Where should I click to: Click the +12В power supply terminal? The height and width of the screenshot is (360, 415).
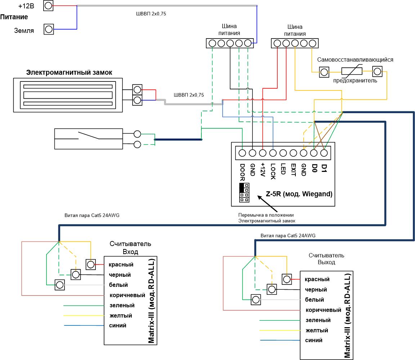pyautogui.click(x=48, y=5)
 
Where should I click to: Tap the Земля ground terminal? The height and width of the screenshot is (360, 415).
pyautogui.click(x=48, y=29)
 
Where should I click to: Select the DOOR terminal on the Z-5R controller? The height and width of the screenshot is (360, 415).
pyautogui.click(x=242, y=153)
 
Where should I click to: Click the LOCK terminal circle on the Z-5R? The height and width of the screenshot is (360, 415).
pyautogui.click(x=273, y=153)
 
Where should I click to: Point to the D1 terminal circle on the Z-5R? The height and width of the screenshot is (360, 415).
pyautogui.click(x=324, y=153)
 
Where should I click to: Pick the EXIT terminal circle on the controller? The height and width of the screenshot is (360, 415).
pyautogui.click(x=293, y=153)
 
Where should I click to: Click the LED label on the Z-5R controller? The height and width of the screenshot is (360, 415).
pyautogui.click(x=283, y=169)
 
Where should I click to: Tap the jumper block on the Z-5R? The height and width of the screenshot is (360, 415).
pyautogui.click(x=244, y=193)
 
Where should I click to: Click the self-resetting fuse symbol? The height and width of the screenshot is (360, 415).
pyautogui.click(x=352, y=71)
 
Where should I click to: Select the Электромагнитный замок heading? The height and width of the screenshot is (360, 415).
pyautogui.click(x=69, y=72)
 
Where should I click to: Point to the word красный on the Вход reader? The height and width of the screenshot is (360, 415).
pyautogui.click(x=121, y=265)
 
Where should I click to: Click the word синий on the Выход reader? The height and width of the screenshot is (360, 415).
pyautogui.click(x=314, y=340)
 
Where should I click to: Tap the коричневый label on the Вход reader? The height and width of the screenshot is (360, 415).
pyautogui.click(x=127, y=295)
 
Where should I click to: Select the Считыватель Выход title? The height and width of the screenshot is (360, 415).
pyautogui.click(x=326, y=259)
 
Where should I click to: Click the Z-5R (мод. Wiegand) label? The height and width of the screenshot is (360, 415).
pyautogui.click(x=299, y=194)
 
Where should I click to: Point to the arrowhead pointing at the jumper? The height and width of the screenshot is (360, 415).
pyautogui.click(x=260, y=197)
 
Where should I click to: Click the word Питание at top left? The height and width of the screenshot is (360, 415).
pyautogui.click(x=14, y=17)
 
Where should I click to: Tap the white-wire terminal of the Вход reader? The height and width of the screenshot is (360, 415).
pyautogui.click(x=60, y=285)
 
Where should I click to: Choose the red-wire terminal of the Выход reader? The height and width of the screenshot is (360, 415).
pyautogui.click(x=287, y=279)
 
